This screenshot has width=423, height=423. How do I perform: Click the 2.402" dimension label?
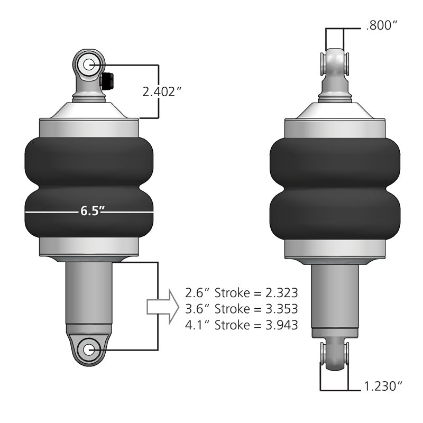[162, 91]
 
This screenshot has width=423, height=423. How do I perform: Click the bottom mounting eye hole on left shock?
[88, 350]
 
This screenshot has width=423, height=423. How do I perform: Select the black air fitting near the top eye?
[107, 80]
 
